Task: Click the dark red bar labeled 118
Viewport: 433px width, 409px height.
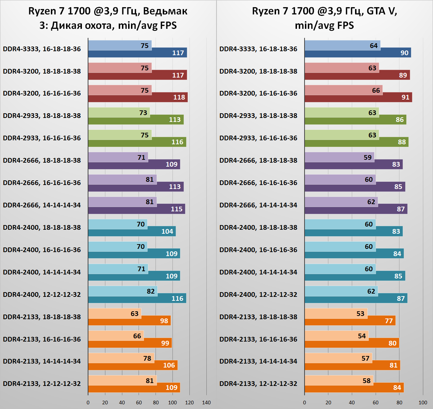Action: click(x=138, y=97)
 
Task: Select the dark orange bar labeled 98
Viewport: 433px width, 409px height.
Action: click(x=129, y=321)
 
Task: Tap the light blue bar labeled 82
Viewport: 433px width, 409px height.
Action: click(x=123, y=291)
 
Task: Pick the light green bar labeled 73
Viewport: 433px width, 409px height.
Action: click(x=119, y=113)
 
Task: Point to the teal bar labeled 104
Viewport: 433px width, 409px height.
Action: click(x=132, y=231)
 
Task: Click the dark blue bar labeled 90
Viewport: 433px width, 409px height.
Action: click(x=358, y=53)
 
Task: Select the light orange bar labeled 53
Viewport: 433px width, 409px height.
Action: click(x=336, y=313)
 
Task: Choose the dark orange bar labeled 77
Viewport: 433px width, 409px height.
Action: click(x=350, y=321)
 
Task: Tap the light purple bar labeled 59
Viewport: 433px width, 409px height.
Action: click(x=339, y=157)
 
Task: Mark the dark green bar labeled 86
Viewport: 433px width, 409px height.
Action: click(x=355, y=119)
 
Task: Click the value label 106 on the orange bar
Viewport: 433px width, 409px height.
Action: click(x=169, y=365)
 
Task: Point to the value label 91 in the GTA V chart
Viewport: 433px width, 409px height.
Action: click(x=406, y=97)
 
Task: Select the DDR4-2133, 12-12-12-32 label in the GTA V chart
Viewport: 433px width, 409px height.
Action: click(x=258, y=384)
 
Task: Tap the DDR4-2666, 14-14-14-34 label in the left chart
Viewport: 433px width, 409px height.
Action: click(x=42, y=205)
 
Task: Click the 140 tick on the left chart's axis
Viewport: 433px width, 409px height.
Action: click(x=206, y=403)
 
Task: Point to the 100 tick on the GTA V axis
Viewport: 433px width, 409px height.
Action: click(x=423, y=403)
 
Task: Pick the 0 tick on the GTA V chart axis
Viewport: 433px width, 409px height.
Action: click(x=305, y=403)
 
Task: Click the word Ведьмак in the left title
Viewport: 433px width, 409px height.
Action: click(x=165, y=11)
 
